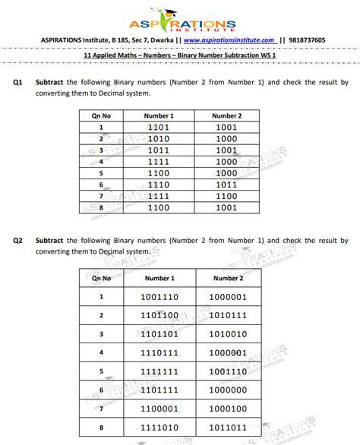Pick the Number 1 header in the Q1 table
coord(159,115)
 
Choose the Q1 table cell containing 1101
coord(159,127)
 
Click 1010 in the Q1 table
coord(159,139)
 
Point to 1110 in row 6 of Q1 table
coord(159,185)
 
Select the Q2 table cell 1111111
coord(159,371)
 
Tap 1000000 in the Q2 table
coord(228,390)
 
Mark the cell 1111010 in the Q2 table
coord(159,428)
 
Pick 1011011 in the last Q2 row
coord(228,428)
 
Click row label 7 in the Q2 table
coord(101,409)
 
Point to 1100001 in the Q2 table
coord(159,409)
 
